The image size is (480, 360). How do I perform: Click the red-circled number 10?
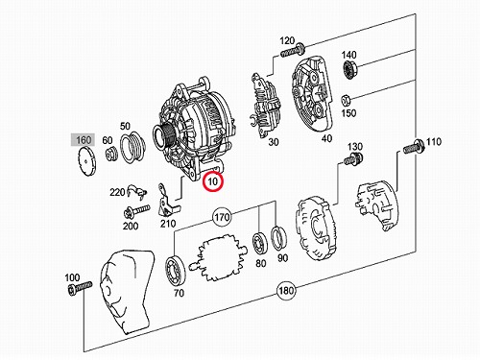pos(213,181)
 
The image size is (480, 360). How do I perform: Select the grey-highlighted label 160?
pos(84,140)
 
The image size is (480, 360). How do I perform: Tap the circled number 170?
pos(222,218)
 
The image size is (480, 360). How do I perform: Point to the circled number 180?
pos(286,291)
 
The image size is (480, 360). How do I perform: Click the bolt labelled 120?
pos(293,51)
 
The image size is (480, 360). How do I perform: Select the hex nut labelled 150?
pos(346,101)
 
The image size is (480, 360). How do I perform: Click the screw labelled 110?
pos(414,147)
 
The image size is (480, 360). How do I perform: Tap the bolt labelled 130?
pos(353,158)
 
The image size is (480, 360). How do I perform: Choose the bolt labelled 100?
pos(80,288)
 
